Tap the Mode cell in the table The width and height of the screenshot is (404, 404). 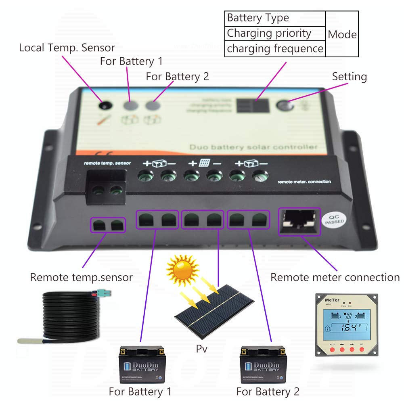tap(342, 34)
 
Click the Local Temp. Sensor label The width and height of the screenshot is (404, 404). tap(67, 48)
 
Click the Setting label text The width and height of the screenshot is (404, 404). tap(349, 77)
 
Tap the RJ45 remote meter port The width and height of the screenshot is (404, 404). tap(299, 222)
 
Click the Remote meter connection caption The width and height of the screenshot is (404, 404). tap(335, 278)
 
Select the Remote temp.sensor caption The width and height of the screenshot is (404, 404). tap(81, 278)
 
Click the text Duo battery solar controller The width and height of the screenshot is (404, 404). tap(253, 147)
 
